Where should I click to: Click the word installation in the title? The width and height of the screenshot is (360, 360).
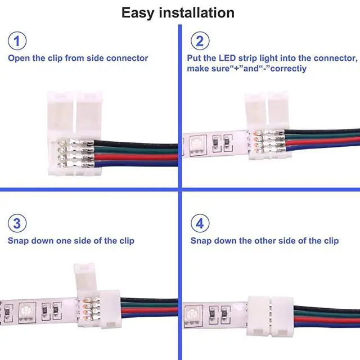[198, 12]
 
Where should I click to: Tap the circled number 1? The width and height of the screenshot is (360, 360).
[17, 40]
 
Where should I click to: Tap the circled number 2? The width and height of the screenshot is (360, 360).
[200, 40]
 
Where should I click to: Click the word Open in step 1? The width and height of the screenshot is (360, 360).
[18, 58]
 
